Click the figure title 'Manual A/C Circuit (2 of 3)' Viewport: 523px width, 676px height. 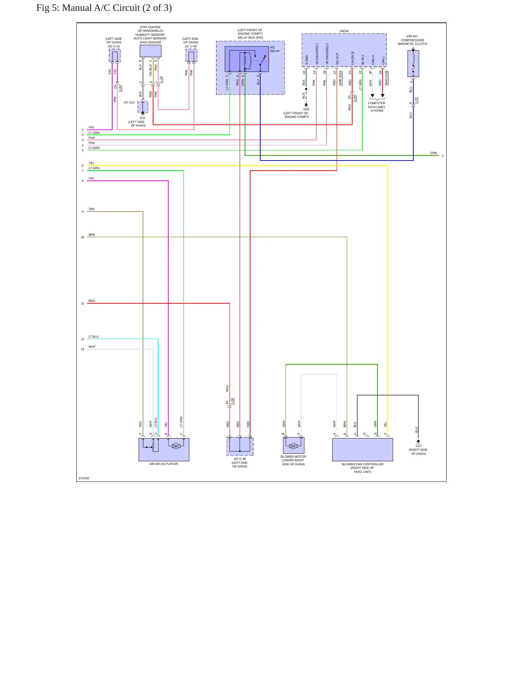[x=117, y=8]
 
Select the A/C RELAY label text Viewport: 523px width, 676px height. [x=275, y=49]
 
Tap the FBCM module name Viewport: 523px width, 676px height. [x=344, y=31]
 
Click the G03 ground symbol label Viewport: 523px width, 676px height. [x=306, y=109]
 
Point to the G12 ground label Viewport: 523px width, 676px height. [x=418, y=446]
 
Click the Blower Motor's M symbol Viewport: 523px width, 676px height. [x=293, y=446]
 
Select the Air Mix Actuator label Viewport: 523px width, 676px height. [x=164, y=464]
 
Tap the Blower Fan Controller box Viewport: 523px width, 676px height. [x=362, y=450]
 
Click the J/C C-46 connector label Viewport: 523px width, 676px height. [x=240, y=459]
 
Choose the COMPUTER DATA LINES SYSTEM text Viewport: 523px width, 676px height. [x=376, y=107]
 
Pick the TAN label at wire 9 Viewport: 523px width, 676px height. [x=92, y=209]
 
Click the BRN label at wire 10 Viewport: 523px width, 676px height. [x=92, y=235]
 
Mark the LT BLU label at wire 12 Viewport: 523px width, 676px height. [x=93, y=337]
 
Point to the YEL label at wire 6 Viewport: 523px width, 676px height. [x=91, y=163]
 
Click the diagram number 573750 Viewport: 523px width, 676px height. [x=84, y=478]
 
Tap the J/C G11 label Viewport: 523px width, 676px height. [x=129, y=102]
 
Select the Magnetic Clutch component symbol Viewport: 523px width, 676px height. [x=413, y=63]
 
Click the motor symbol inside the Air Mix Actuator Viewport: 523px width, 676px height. [x=176, y=446]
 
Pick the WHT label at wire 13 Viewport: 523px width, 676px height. [x=92, y=347]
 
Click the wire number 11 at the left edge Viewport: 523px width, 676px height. [x=83, y=303]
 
